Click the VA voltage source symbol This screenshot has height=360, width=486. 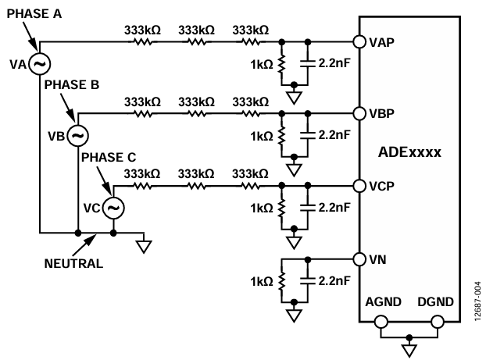click(39, 64)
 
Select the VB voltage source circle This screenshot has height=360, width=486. click(78, 135)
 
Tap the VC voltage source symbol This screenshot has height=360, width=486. click(113, 208)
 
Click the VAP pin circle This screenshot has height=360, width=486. click(359, 41)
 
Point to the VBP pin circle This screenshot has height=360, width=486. click(359, 114)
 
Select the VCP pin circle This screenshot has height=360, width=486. click(359, 186)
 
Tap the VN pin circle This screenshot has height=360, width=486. click(359, 259)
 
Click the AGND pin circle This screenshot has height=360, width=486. click(381, 322)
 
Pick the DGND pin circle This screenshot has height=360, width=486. click(438, 322)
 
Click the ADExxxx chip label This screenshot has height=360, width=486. click(409, 152)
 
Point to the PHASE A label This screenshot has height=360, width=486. click(34, 13)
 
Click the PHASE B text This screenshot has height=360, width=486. click(72, 84)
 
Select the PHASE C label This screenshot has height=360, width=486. click(109, 157)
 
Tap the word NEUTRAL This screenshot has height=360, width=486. click(73, 263)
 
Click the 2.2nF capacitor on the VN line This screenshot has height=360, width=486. click(308, 281)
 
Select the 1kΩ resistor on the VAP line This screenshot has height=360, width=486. click(281, 64)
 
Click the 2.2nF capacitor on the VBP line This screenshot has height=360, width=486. click(308, 135)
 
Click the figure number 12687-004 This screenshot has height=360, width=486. click(478, 301)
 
